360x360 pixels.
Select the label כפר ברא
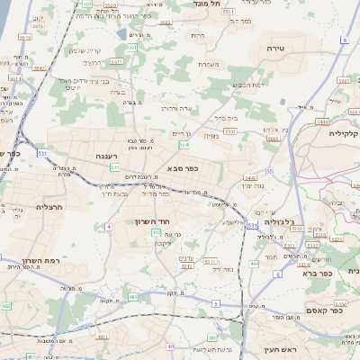tap(341, 272)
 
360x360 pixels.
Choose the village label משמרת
tap(209, 63)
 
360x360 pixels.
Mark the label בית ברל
tap(225, 117)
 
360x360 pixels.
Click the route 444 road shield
tap(254, 264)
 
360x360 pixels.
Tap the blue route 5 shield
tap(216, 303)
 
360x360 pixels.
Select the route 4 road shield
tap(108, 226)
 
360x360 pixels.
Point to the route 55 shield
tap(269, 171)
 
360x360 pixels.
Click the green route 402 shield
tap(157, 232)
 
